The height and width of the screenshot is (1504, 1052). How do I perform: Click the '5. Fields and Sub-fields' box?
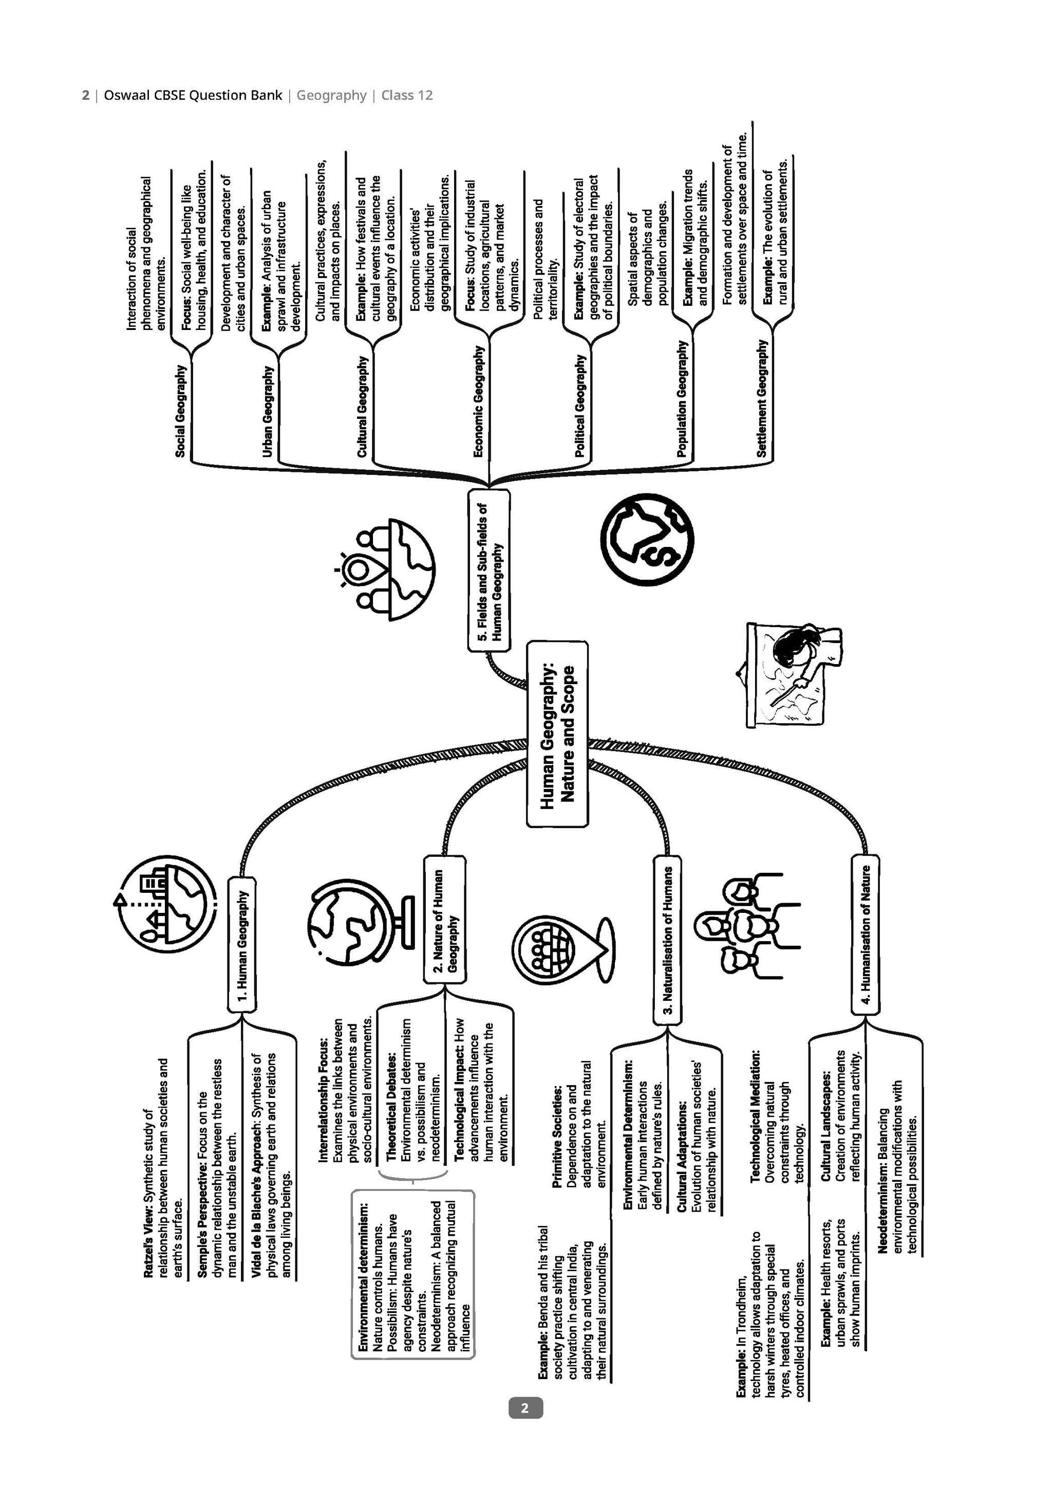pyautogui.click(x=489, y=570)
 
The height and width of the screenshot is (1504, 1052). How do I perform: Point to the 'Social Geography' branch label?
pyautogui.click(x=181, y=411)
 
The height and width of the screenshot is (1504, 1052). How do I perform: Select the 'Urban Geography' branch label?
pyautogui.click(x=267, y=411)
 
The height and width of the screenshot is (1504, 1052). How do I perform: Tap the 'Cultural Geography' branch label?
pyautogui.click(x=362, y=406)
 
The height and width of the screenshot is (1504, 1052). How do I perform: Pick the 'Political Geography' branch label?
pyautogui.click(x=579, y=406)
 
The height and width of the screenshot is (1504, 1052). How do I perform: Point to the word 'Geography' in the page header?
pyautogui.click(x=331, y=96)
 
